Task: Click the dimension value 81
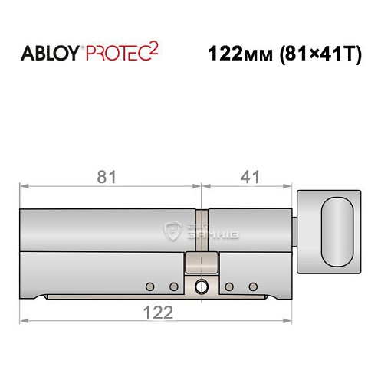tap(108, 177)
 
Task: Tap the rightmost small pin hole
tap(252, 286)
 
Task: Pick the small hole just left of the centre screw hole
tap(174, 286)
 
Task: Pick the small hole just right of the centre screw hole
tap(228, 286)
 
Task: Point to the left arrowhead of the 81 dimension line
tap(24, 185)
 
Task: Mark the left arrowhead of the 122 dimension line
tap(24, 320)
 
